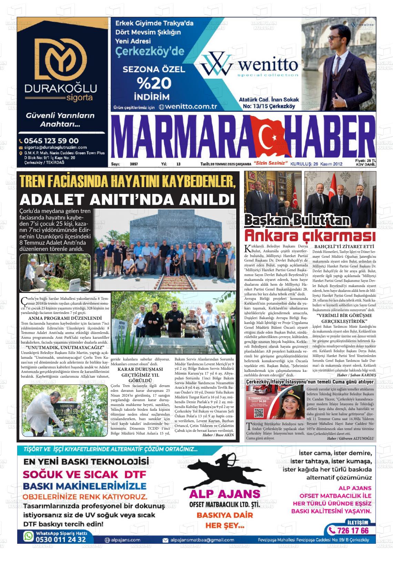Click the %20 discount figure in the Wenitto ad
[x=154, y=83]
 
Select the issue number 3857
[x=134, y=164]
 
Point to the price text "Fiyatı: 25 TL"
[x=365, y=161]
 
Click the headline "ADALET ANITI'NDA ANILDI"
[x=127, y=200]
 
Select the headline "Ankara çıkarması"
[x=310, y=236]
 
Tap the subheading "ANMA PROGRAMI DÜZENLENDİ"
[x=65, y=318]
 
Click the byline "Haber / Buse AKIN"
[x=218, y=435]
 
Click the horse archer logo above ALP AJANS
[x=224, y=470]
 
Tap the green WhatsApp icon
[x=28, y=536]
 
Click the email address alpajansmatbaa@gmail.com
[x=202, y=540]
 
